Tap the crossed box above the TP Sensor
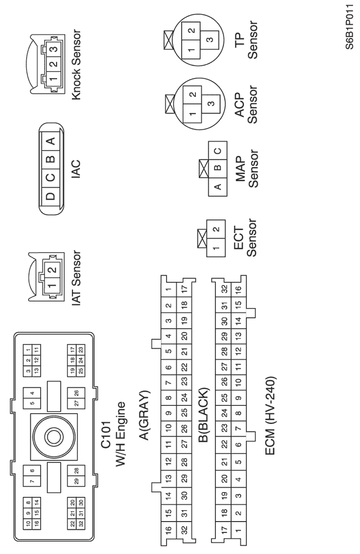point(168,38)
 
